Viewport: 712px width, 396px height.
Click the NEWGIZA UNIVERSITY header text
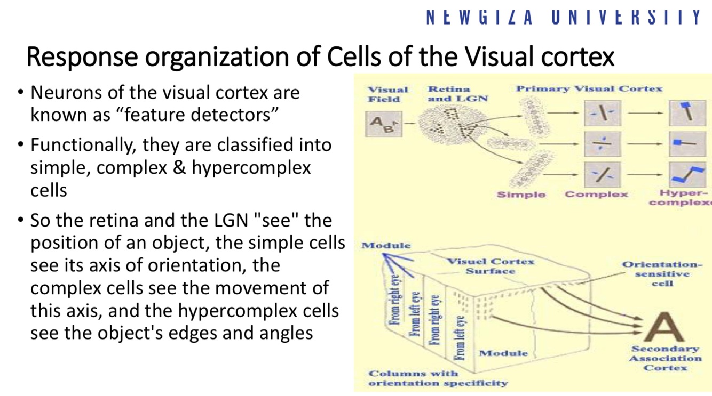564,17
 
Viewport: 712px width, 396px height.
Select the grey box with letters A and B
383,124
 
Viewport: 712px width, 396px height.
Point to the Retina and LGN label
457,94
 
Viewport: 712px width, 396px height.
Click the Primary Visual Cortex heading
589,89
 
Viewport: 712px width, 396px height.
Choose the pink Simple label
521,195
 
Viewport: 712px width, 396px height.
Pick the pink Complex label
596,195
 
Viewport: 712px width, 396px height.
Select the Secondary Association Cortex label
665,358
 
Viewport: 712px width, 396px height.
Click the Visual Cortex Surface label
490,266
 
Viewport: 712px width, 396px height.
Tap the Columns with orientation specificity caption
438,378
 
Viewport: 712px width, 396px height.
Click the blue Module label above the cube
386,246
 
